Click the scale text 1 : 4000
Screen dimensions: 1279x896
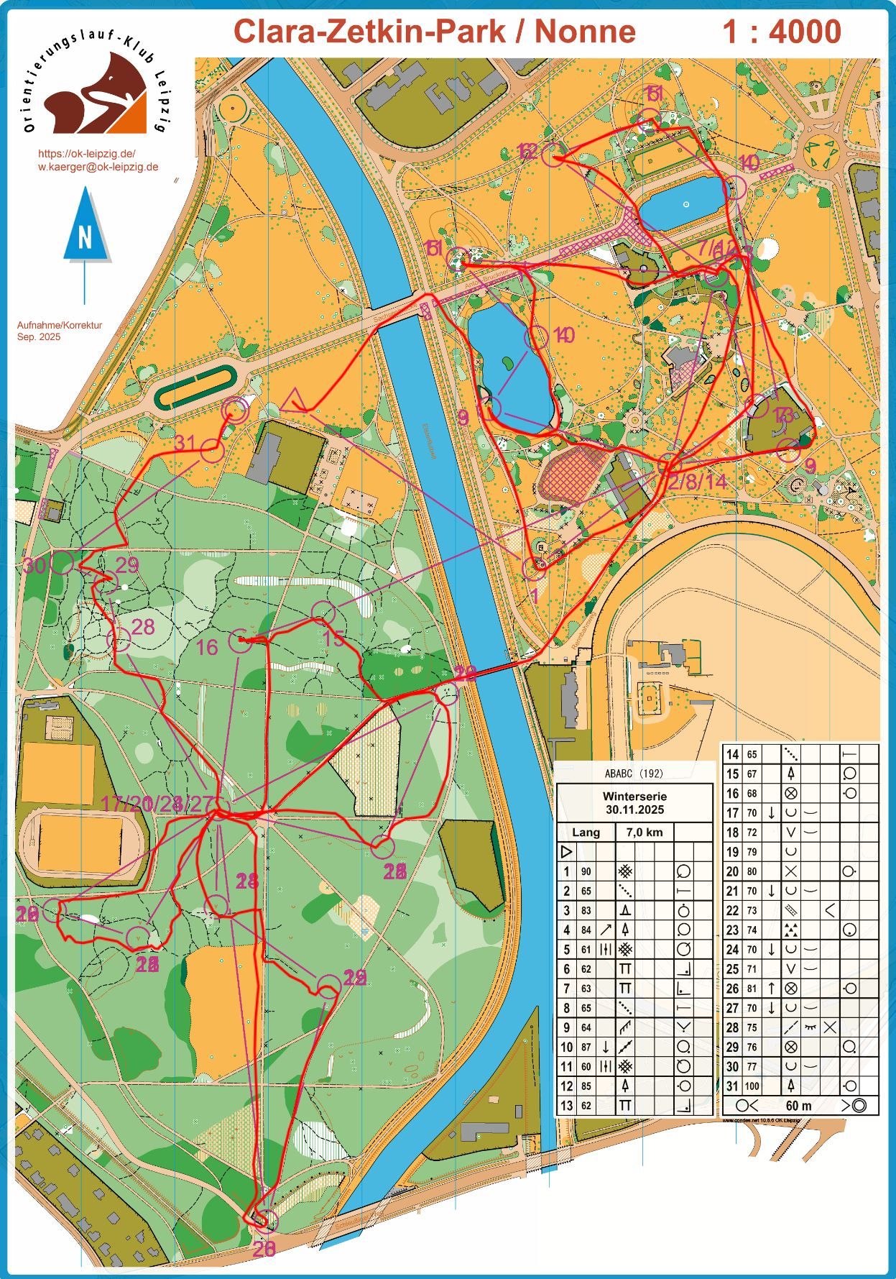pos(782,32)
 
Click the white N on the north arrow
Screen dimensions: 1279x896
pos(86,237)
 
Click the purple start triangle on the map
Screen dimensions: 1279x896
pos(293,401)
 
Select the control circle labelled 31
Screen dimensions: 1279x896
pos(212,451)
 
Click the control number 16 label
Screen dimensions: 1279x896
pos(207,648)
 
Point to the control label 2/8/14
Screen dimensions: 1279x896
pos(698,482)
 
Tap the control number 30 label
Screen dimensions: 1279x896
pos(34,565)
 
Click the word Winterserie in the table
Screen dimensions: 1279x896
pos(634,797)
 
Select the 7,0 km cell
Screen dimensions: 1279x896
pos(645,833)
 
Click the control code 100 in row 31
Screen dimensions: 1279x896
pos(752,1086)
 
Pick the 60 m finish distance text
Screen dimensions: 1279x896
pos(798,1106)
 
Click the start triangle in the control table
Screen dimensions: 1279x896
pos(565,852)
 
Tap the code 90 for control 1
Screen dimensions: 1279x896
pos(586,871)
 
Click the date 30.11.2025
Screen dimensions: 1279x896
pos(634,810)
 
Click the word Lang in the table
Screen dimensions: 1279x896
pos(586,833)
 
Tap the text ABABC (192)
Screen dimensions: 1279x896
pos(634,774)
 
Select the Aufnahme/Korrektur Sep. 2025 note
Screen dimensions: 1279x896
pos(60,331)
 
